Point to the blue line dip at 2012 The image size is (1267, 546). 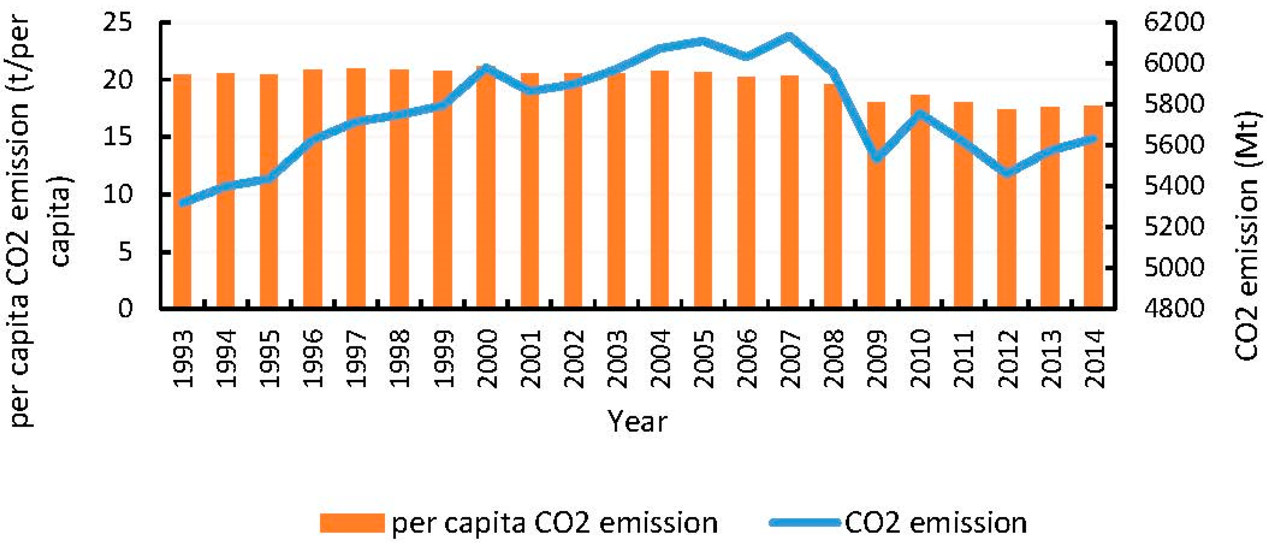click(x=1006, y=173)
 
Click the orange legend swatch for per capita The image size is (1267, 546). click(x=352, y=523)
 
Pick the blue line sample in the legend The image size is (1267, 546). click(x=805, y=523)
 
